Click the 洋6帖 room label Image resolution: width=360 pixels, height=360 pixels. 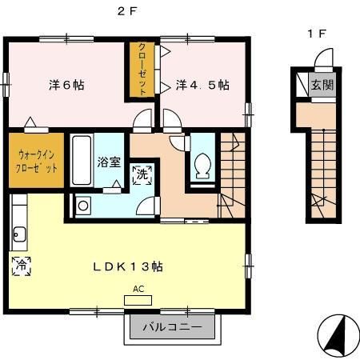(x=63, y=84)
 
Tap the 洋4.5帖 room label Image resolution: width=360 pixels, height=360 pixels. (x=202, y=84)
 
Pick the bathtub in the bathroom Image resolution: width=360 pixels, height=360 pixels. (x=82, y=160)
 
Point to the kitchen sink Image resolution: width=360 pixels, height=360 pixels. (x=20, y=236)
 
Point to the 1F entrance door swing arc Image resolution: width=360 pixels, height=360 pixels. (x=322, y=61)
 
